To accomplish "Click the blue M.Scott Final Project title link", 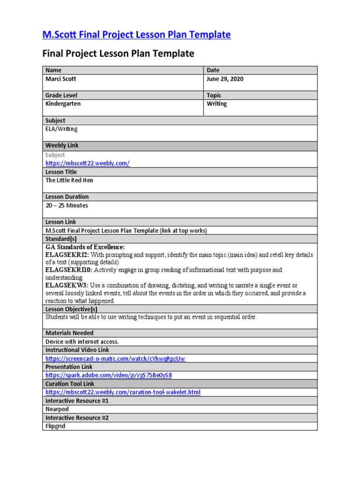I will (x=136, y=35).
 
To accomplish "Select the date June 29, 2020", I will (x=225, y=79).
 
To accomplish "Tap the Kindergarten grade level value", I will (x=63, y=104).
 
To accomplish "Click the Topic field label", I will (x=214, y=95).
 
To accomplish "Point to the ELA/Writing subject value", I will (x=61, y=129).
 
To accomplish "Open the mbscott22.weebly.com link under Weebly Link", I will (x=87, y=163).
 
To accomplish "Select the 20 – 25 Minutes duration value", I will (x=67, y=205).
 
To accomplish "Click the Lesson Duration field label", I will (x=67, y=197).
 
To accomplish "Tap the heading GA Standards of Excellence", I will (x=85, y=247).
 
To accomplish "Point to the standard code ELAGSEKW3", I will (x=67, y=285).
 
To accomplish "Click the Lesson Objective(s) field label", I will (x=71, y=309).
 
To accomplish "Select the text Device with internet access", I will (x=82, y=342).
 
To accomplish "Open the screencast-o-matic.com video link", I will (x=115, y=359).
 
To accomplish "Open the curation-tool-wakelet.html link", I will (x=122, y=392).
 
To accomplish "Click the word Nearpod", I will (x=57, y=409).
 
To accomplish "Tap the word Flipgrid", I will (x=55, y=426).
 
